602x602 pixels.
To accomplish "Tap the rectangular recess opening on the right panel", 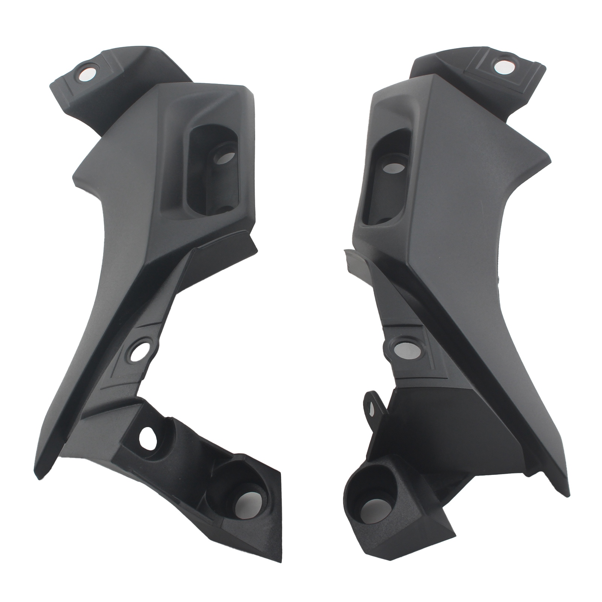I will coord(384,177).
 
